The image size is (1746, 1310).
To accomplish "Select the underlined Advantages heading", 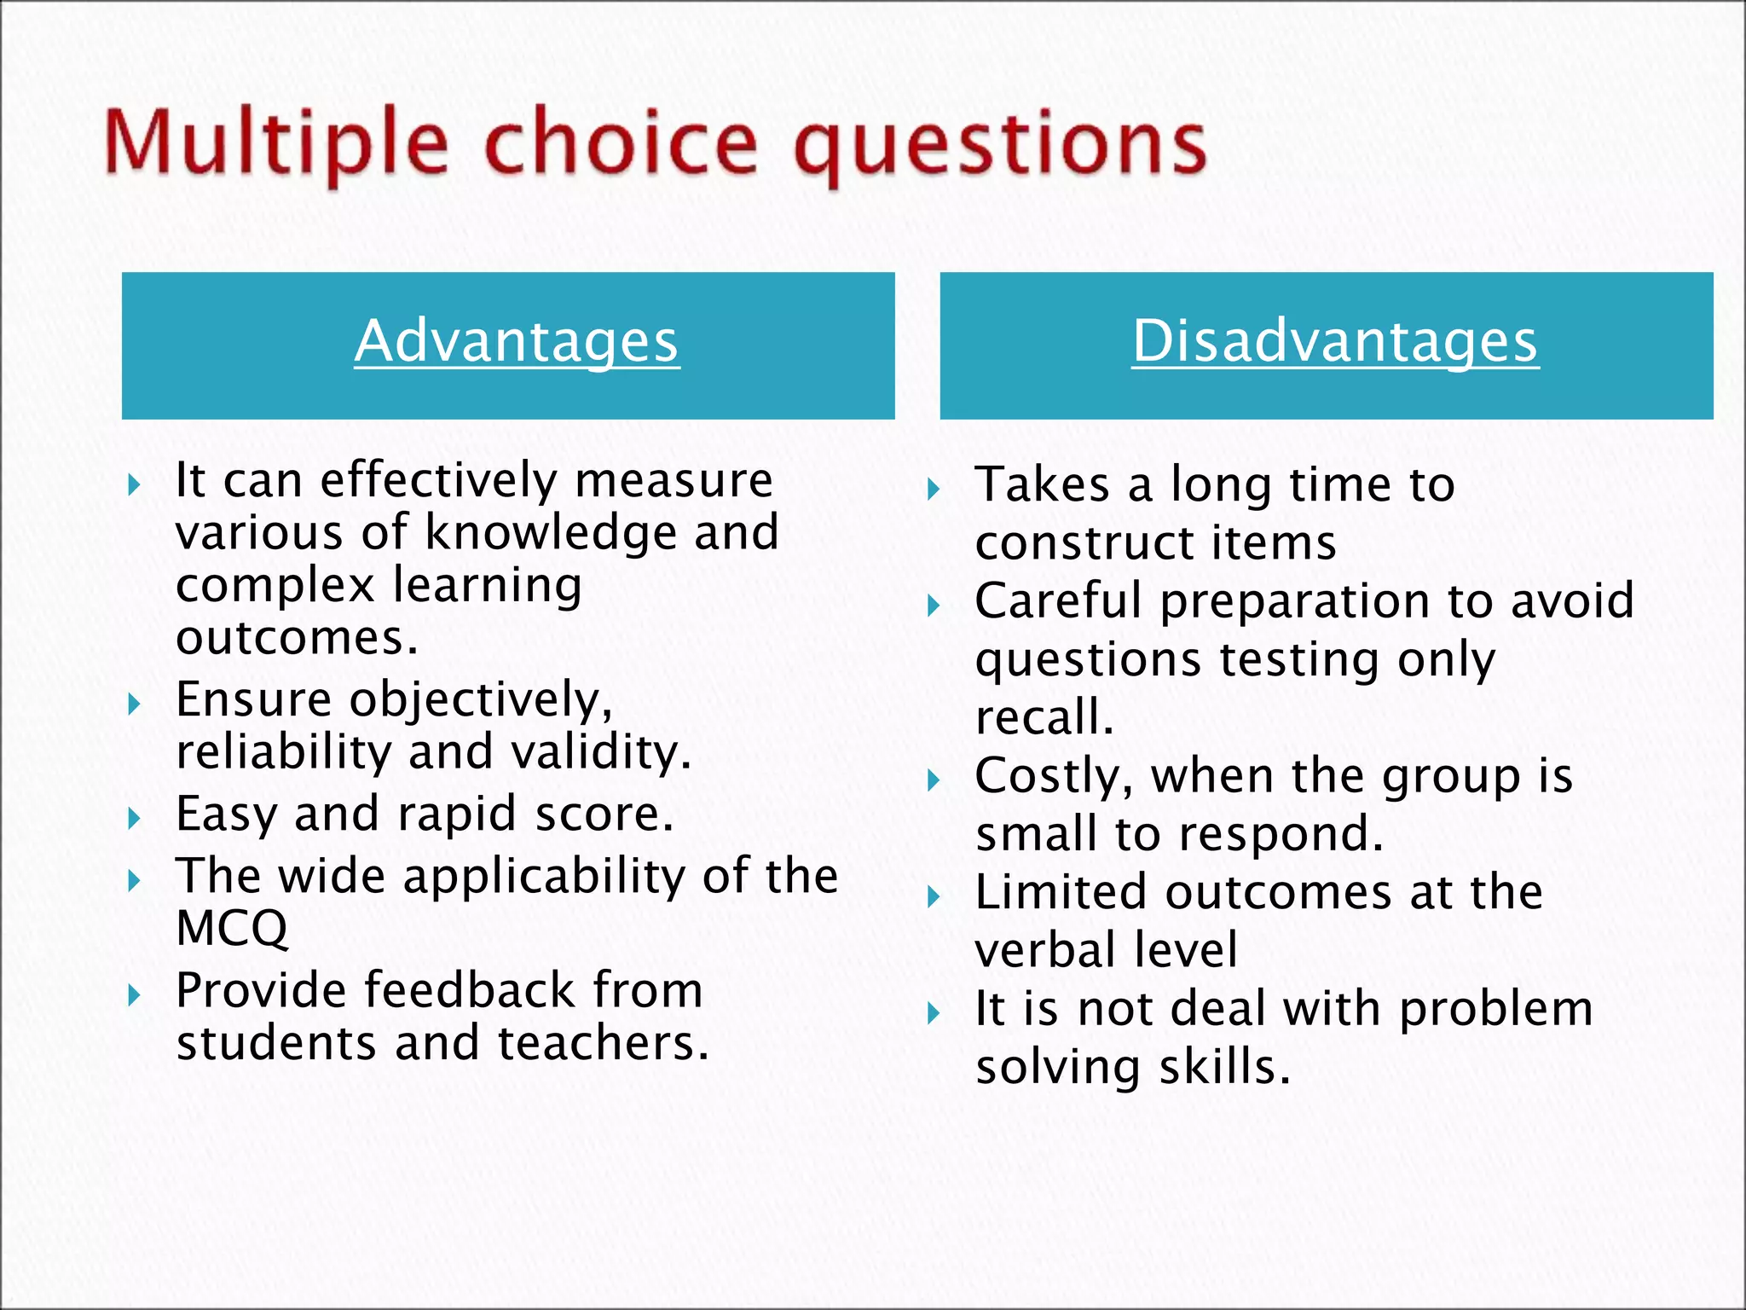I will click(x=517, y=341).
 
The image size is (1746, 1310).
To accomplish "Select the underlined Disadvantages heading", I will click(x=1335, y=341).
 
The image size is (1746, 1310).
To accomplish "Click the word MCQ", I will click(x=232, y=928).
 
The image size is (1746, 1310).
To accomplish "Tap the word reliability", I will click(x=283, y=752).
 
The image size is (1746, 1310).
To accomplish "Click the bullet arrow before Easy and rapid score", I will click(x=134, y=820).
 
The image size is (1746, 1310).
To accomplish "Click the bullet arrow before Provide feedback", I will click(x=134, y=995).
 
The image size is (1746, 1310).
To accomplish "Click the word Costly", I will click(x=1054, y=778).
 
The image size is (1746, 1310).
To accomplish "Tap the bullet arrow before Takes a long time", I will click(x=934, y=490).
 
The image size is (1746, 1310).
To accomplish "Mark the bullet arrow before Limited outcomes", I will click(x=934, y=897).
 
